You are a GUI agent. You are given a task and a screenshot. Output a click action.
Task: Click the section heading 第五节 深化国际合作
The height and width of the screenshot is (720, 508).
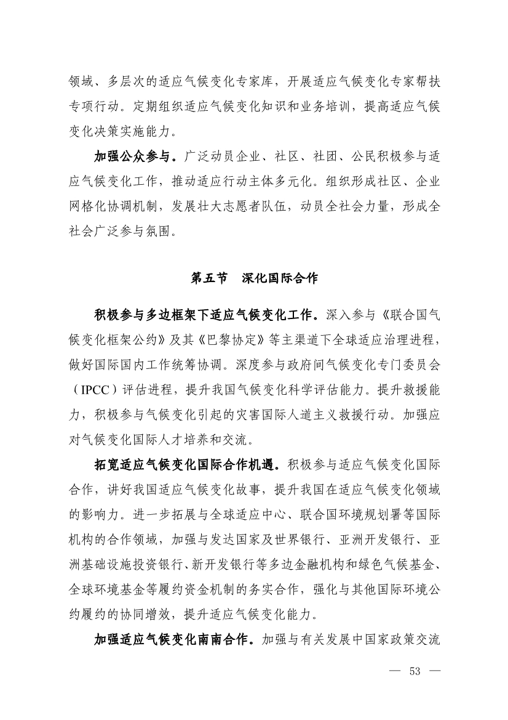(254, 278)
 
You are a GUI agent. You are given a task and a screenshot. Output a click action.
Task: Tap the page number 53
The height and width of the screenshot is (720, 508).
(414, 671)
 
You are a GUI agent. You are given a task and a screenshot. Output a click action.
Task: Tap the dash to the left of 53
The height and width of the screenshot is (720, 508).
(392, 671)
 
